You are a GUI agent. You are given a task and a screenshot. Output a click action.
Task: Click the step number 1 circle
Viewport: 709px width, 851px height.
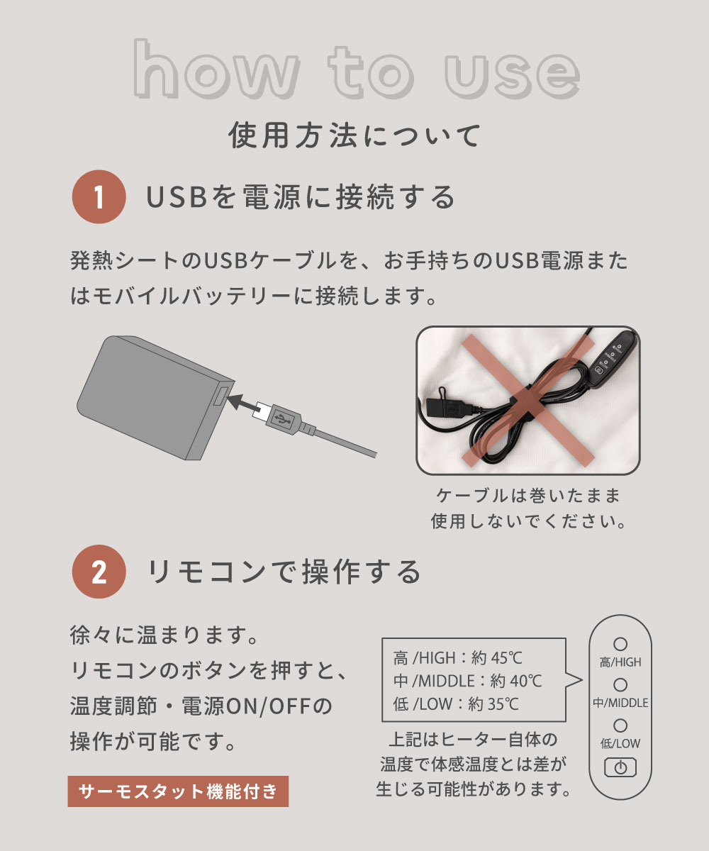pyautogui.click(x=99, y=196)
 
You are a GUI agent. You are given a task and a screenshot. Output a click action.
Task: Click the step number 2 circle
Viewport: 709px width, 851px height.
pyautogui.click(x=99, y=572)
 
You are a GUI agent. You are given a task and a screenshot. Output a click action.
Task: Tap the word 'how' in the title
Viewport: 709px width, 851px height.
pyautogui.click(x=216, y=69)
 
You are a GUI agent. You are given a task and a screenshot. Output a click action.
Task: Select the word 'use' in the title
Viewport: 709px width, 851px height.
pyautogui.click(x=512, y=76)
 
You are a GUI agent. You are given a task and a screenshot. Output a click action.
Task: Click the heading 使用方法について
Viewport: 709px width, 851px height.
pyautogui.click(x=354, y=135)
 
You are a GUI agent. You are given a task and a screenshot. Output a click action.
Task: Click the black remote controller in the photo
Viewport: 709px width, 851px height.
pyautogui.click(x=610, y=354)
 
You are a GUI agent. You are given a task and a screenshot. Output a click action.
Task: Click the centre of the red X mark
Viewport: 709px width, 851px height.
pyautogui.click(x=528, y=400)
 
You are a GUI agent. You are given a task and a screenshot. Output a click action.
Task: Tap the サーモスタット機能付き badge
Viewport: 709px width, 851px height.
pyautogui.click(x=178, y=791)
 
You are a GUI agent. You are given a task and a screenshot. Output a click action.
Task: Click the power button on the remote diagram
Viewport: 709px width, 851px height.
pyautogui.click(x=620, y=768)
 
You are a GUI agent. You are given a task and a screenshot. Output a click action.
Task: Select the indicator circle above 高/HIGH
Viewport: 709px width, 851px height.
pyautogui.click(x=620, y=644)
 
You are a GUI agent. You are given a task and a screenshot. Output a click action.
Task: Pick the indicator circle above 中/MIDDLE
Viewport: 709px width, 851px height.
pyautogui.click(x=620, y=685)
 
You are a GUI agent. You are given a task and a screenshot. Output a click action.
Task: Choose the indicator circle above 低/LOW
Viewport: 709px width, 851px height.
pyautogui.click(x=620, y=725)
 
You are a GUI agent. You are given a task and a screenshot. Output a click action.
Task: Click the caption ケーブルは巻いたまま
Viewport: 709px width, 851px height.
pyautogui.click(x=528, y=496)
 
